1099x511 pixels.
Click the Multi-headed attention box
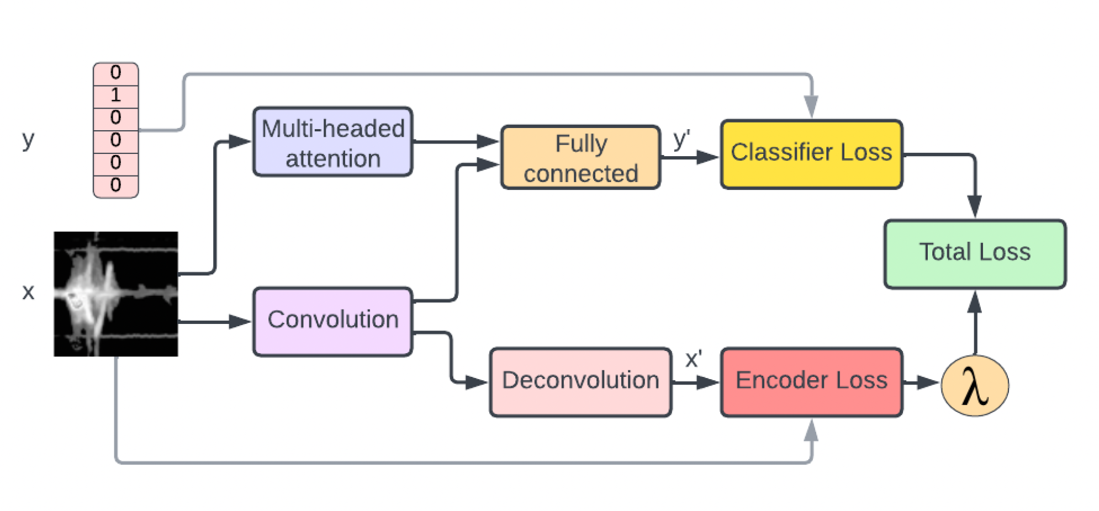coord(332,142)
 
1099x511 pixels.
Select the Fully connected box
coord(580,158)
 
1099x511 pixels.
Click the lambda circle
coord(975,386)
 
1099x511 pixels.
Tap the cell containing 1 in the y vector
coord(115,96)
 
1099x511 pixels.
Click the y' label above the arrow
coord(681,139)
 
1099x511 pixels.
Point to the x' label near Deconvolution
coord(693,360)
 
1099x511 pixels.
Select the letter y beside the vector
coord(28,140)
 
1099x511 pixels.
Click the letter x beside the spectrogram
coord(28,291)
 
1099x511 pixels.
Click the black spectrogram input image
coord(115,294)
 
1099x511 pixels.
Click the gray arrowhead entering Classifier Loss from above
coord(811,107)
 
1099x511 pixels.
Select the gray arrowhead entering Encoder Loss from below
coord(811,431)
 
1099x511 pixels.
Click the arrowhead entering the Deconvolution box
coord(475,382)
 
